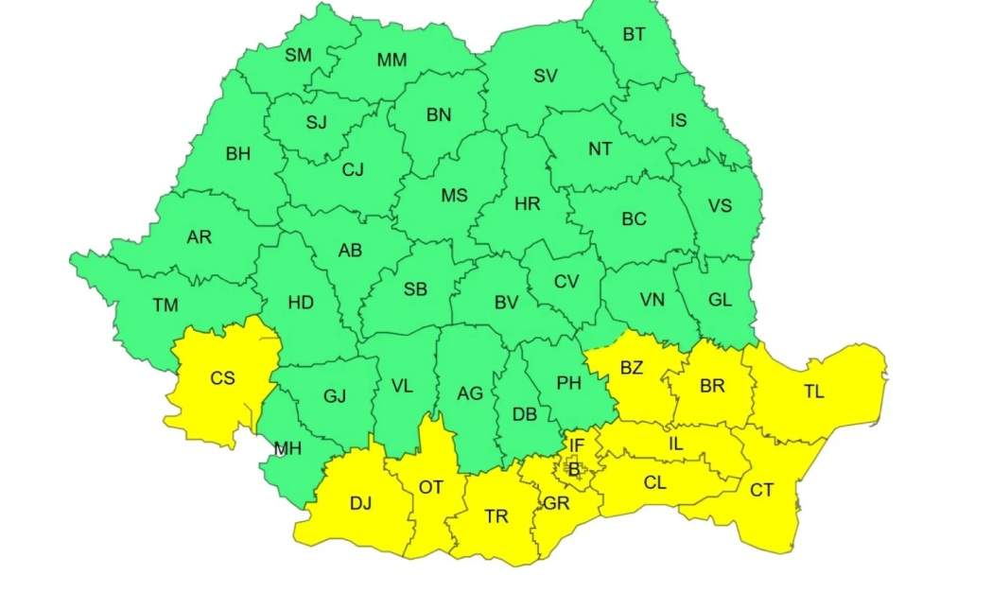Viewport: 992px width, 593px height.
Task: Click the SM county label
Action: click(x=298, y=55)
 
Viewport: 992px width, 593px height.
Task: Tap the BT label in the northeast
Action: click(x=634, y=35)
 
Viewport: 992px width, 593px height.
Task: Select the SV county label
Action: click(x=546, y=77)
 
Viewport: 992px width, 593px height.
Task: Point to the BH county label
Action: click(x=238, y=154)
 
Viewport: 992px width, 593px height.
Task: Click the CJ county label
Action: click(x=353, y=170)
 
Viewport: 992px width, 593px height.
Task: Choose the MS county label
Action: click(x=454, y=196)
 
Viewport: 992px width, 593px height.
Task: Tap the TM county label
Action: click(x=165, y=305)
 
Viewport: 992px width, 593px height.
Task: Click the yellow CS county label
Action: click(x=222, y=378)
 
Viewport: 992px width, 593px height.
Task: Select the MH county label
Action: click(x=287, y=448)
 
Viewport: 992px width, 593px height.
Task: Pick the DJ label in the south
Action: click(x=360, y=502)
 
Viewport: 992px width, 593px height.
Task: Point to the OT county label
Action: click(x=430, y=487)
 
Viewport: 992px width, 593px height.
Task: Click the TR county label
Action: click(x=496, y=516)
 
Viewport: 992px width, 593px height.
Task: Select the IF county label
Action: click(x=576, y=444)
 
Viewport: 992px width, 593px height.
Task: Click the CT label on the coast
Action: click(x=761, y=490)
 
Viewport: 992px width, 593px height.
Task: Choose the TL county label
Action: click(x=813, y=392)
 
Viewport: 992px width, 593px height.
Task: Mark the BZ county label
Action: click(x=631, y=368)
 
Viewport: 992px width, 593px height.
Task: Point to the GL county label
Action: click(x=720, y=300)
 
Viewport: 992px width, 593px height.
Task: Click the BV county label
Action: click(x=506, y=303)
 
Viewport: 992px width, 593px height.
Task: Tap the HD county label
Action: click(x=301, y=303)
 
